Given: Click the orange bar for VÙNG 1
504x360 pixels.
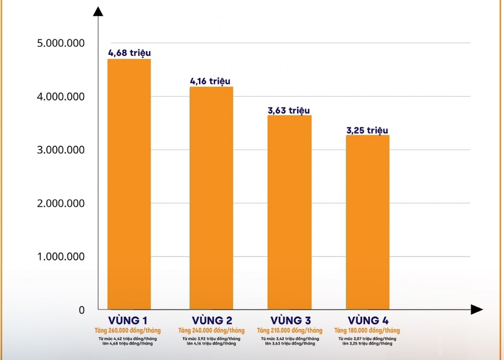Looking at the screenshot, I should click(x=129, y=184).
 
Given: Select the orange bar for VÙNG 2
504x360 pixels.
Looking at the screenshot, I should click(x=211, y=198).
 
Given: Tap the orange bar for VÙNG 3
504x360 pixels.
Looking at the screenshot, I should click(x=289, y=212).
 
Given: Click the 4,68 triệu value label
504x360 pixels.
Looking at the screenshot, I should click(x=129, y=53).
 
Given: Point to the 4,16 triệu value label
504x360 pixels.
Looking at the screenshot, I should click(x=210, y=81).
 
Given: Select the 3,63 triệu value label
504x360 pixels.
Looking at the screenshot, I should click(x=289, y=111).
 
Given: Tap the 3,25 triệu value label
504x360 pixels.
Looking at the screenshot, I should click(x=368, y=130).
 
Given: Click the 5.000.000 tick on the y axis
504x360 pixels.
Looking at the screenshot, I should click(x=61, y=43).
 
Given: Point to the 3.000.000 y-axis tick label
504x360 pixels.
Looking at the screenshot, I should click(x=61, y=150).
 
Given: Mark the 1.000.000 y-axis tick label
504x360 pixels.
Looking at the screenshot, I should click(x=61, y=257).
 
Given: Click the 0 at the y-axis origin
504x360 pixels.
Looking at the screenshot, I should click(x=81, y=310).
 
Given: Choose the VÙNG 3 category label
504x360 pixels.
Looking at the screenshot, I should click(x=289, y=321).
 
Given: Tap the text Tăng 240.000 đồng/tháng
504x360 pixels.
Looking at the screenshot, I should click(x=211, y=330).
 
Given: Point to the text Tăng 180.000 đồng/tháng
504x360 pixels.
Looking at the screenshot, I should click(x=367, y=330).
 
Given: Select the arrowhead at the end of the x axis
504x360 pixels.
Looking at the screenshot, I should click(x=476, y=310).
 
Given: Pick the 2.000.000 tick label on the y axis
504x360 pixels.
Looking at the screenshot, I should click(x=61, y=203).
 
